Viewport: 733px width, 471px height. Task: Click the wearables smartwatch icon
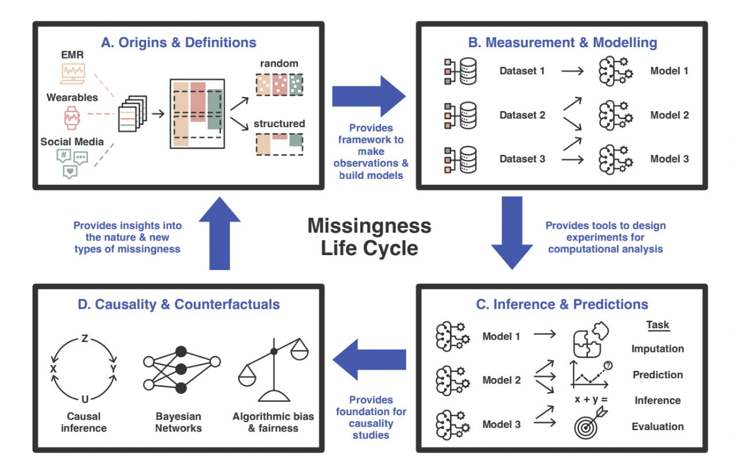point(72,117)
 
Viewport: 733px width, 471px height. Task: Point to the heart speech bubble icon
point(70,170)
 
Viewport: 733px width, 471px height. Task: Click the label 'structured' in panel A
point(279,124)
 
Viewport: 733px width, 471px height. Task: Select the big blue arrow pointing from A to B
point(368,93)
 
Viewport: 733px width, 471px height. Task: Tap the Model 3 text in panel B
point(669,159)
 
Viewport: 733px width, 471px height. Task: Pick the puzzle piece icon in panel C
point(590,340)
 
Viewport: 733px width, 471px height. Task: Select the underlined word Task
point(658,325)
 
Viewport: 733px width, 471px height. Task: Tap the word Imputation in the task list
point(658,349)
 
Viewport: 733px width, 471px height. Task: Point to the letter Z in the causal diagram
point(85,339)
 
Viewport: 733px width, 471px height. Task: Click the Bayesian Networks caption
point(178,421)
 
